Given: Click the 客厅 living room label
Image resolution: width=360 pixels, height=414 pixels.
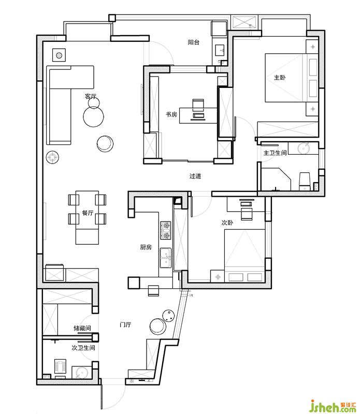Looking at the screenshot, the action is pyautogui.click(x=91, y=96).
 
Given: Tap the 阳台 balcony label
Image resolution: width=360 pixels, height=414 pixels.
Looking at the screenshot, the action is pyautogui.click(x=194, y=42).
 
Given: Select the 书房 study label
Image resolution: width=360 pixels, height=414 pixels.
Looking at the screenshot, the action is pyautogui.click(x=171, y=114).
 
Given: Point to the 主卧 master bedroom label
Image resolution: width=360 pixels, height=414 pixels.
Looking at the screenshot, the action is pyautogui.click(x=280, y=77).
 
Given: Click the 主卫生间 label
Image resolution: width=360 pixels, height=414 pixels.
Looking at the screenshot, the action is pyautogui.click(x=275, y=153).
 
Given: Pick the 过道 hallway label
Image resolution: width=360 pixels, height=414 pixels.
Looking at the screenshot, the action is pyautogui.click(x=195, y=176).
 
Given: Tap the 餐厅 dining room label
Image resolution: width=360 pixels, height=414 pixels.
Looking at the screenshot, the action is pyautogui.click(x=88, y=213).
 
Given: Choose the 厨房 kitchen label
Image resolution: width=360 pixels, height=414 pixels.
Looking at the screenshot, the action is pyautogui.click(x=146, y=247).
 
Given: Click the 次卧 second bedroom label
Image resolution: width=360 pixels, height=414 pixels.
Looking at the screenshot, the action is pyautogui.click(x=227, y=223).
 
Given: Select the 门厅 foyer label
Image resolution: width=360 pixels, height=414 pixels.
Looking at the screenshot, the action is pyautogui.click(x=125, y=324).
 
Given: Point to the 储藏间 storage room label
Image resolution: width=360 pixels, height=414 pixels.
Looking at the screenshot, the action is pyautogui.click(x=82, y=328).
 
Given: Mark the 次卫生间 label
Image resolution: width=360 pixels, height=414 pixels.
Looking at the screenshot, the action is pyautogui.click(x=83, y=348).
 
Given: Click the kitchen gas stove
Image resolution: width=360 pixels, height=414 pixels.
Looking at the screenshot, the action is pyautogui.click(x=166, y=230).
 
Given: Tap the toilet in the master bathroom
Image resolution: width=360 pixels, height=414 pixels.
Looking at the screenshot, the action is pyautogui.click(x=305, y=181).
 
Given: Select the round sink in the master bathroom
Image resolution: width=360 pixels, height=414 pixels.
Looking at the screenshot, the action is pyautogui.click(x=304, y=148).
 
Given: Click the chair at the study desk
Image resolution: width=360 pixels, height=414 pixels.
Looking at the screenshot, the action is pyautogui.click(x=198, y=105).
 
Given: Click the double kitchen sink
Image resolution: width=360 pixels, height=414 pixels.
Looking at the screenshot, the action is pyautogui.click(x=166, y=258).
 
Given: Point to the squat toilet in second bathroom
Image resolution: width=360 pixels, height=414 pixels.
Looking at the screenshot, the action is pyautogui.click(x=61, y=366).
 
